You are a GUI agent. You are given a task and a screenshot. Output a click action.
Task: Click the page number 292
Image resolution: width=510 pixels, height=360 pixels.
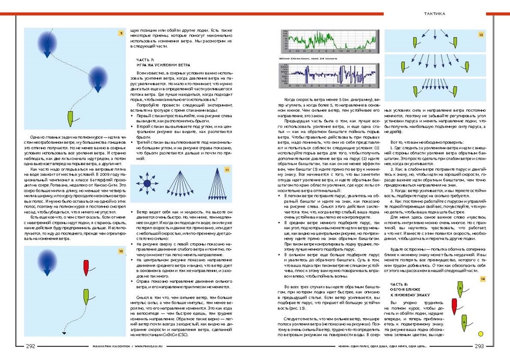pyautogui.click(x=30, y=347)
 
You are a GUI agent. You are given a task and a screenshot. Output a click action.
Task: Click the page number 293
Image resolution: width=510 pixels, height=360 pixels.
pyautogui.click(x=479, y=347)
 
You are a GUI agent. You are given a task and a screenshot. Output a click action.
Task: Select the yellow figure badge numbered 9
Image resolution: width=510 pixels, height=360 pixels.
pyautogui.click(x=121, y=34)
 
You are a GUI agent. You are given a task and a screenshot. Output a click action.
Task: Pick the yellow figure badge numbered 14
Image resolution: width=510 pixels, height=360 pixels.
pyautogui.click(x=482, y=278)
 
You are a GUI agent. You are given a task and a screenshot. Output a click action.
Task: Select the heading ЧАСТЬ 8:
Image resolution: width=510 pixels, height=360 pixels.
pyautogui.click(x=399, y=284)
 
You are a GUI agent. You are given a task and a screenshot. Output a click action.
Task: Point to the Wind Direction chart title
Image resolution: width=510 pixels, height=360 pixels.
pyautogui.click(x=307, y=60)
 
